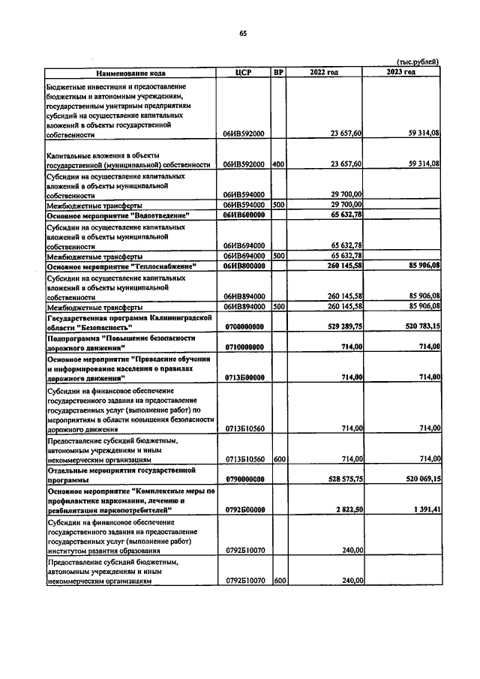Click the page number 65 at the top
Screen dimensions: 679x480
click(x=243, y=33)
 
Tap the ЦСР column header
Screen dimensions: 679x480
click(x=243, y=72)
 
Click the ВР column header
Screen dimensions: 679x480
click(x=278, y=72)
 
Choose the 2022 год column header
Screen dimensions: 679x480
click(x=325, y=72)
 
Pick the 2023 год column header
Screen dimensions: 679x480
click(x=400, y=72)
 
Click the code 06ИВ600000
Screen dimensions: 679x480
click(x=243, y=215)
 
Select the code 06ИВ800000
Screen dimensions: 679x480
click(x=243, y=266)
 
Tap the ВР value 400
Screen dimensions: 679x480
click(x=277, y=164)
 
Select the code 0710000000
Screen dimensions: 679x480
click(x=243, y=347)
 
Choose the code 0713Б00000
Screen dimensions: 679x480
click(x=243, y=377)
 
